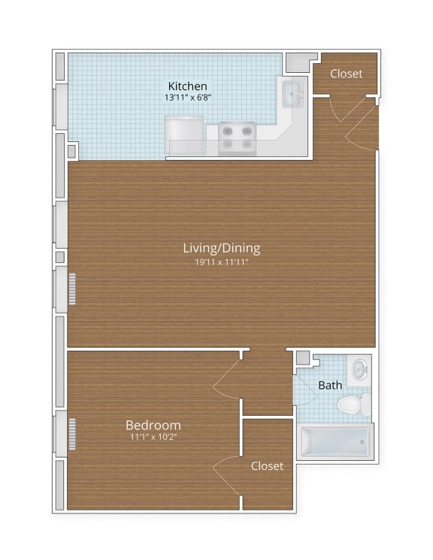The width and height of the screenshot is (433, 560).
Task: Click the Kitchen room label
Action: tap(187, 86)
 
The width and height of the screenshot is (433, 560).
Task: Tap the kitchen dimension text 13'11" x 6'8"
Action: tap(187, 98)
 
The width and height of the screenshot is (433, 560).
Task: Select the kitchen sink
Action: tap(292, 95)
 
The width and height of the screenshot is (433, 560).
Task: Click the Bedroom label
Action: tap(153, 424)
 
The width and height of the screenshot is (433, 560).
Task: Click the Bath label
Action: tap(330, 385)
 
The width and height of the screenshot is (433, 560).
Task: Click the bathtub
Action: tap(335, 442)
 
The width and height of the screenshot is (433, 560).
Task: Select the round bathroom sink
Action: tap(359, 370)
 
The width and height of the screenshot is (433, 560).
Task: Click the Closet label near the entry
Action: tap(346, 74)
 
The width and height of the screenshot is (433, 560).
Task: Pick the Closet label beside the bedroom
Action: tap(267, 465)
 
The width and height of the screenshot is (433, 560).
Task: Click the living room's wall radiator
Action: tap(73, 289)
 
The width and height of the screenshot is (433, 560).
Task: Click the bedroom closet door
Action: tap(226, 473)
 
